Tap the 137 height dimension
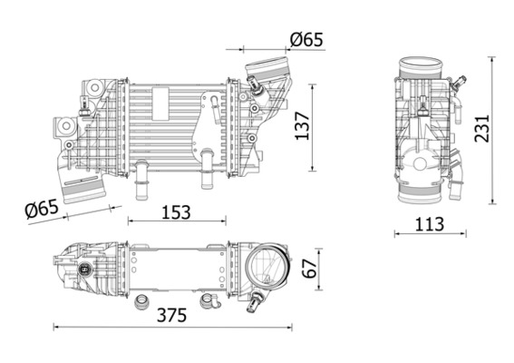[302, 128]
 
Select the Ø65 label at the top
[306, 40]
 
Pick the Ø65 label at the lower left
[43, 209]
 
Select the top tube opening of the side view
[422, 66]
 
